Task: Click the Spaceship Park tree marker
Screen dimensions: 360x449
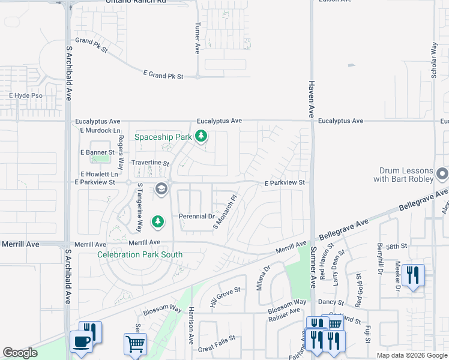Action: [202, 137]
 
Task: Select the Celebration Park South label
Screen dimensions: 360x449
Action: [140, 254]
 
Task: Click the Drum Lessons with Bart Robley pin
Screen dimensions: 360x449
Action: [442, 174]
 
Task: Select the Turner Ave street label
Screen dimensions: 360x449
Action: [197, 39]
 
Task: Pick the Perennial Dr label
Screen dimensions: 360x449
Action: [196, 216]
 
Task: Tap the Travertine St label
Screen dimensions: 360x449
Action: [150, 163]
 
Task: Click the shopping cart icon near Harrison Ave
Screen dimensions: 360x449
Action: [135, 344]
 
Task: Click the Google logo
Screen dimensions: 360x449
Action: [20, 353]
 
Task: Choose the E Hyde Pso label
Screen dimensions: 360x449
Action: [26, 95]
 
